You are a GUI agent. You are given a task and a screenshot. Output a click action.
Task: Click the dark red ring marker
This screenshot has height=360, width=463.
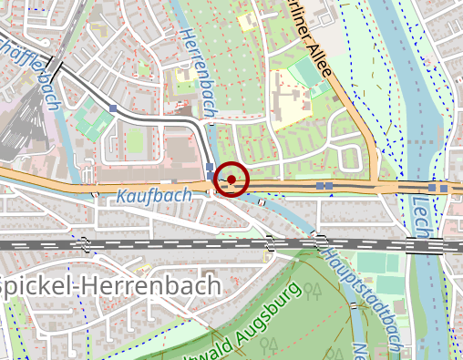click(x=232, y=180)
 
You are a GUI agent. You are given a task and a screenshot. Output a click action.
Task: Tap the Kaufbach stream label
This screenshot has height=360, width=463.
click(x=154, y=195)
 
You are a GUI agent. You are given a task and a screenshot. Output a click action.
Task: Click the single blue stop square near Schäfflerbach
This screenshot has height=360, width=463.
click(x=112, y=108)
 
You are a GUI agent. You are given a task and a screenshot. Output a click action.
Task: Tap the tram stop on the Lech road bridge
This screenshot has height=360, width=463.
click(x=437, y=188)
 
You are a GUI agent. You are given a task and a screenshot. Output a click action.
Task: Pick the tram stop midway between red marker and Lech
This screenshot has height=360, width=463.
click(x=324, y=186)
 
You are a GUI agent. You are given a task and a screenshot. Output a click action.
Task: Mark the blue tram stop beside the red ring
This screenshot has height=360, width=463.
click(x=211, y=171)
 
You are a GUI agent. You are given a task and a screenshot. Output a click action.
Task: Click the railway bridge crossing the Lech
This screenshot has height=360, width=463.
click(x=420, y=244)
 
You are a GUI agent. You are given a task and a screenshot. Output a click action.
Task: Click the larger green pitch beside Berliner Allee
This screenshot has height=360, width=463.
click(x=303, y=72)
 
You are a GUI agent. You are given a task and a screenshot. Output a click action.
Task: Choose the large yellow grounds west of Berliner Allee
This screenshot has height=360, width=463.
click(x=292, y=105)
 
